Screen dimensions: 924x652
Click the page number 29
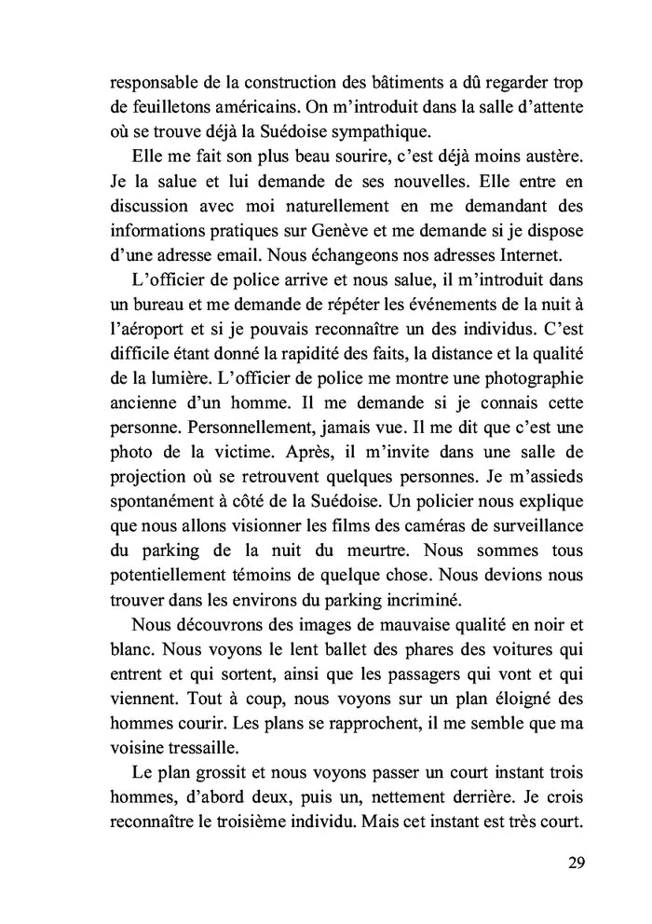pos(575,862)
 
